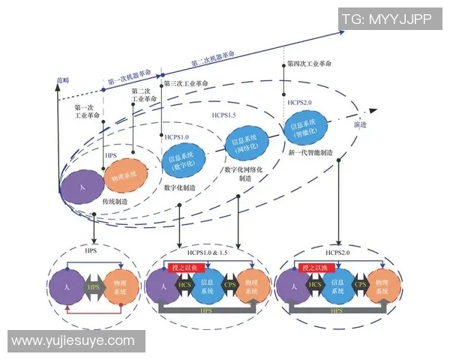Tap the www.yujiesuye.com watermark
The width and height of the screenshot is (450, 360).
(73, 341)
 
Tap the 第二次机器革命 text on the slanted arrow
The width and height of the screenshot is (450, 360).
(212, 59)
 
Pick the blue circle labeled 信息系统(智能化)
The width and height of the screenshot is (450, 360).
(306, 128)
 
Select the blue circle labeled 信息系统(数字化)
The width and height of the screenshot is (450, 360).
(183, 161)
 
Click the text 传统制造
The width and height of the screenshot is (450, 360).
(116, 202)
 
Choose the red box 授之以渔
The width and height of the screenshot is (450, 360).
(316, 266)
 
